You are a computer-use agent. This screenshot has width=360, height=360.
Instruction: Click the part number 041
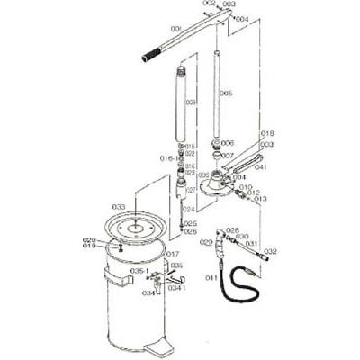261,167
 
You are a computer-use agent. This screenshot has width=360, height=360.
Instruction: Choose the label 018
266,134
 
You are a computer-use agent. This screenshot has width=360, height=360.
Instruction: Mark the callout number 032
270,251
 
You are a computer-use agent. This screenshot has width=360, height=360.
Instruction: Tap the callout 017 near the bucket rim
174,254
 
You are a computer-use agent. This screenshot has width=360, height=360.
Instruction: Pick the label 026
190,231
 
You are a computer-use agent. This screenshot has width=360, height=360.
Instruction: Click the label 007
228,155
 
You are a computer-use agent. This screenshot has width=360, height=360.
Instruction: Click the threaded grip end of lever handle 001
150,58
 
